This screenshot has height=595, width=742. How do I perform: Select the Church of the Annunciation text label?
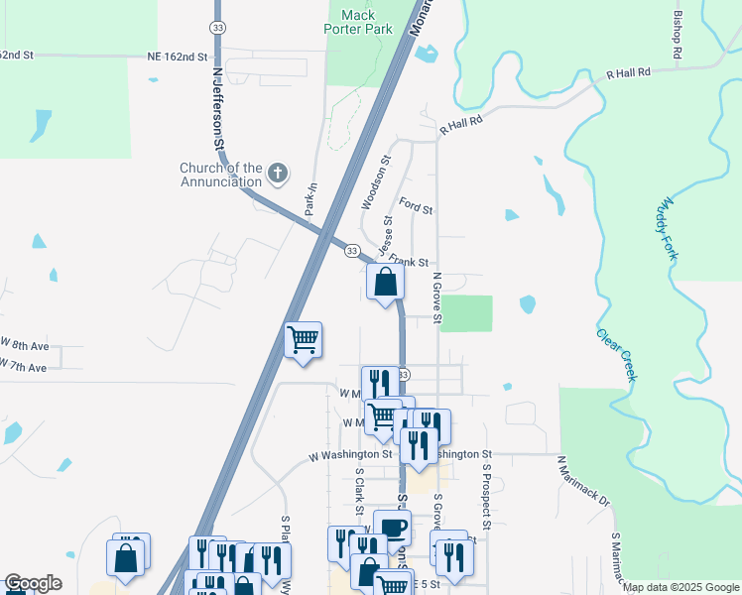click(221, 175)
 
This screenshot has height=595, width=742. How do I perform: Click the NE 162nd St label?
click(177, 59)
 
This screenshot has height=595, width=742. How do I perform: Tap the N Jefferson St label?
click(218, 110)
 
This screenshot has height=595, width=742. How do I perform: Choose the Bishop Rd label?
click(679, 39)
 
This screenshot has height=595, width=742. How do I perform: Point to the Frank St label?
click(408, 260)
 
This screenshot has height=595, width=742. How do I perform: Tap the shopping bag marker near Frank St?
click(385, 282)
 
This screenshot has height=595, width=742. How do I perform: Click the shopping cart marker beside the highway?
click(303, 340)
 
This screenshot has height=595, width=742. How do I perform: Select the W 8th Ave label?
click(24, 344)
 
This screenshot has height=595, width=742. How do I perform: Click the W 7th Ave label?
click(24, 367)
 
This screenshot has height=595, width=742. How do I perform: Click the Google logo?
click(33, 583)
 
